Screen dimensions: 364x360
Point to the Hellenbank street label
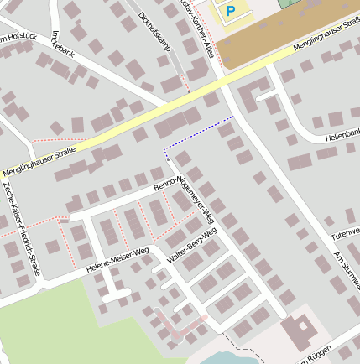click(x=342, y=134)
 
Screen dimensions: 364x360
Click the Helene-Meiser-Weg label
click(x=117, y=259)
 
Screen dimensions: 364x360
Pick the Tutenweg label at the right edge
click(x=344, y=231)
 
